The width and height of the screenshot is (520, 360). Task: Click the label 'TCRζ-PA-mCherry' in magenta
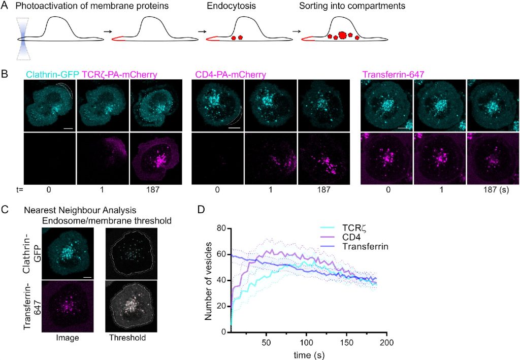[x=119, y=75]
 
